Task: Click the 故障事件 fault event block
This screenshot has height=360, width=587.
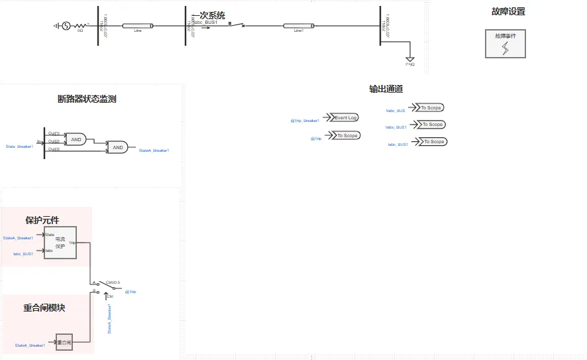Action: pos(505,43)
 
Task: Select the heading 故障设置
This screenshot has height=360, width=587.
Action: pos(509,12)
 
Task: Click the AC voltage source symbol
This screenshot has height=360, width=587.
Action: pos(66,26)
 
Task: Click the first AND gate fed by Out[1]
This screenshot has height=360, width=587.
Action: pos(76,140)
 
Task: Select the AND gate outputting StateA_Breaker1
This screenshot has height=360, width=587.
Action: pos(118,148)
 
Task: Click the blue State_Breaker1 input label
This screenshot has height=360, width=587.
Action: pos(19,146)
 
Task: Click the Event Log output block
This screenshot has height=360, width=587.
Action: pos(345,117)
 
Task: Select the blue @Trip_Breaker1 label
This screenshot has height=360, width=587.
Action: pos(305,121)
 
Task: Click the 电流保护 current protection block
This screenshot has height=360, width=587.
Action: pos(60,243)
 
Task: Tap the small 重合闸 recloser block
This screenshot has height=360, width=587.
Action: pos(64,342)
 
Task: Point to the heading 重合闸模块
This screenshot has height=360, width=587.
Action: pos(44,308)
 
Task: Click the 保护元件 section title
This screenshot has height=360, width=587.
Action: pos(42,220)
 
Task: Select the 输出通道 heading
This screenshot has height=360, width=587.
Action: pos(386,89)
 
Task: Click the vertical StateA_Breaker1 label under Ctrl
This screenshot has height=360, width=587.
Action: pos(109,318)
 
